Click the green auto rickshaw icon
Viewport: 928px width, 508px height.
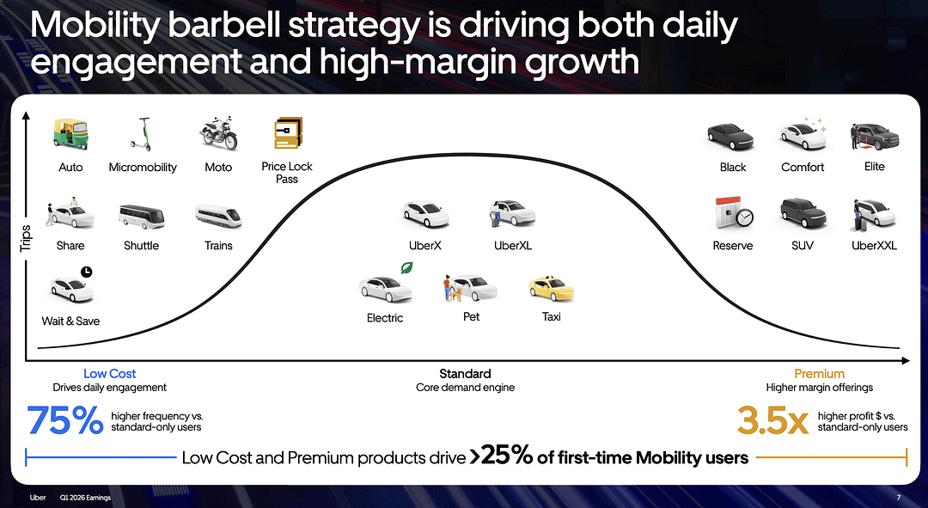coord(70,134)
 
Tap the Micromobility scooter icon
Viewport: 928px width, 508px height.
coord(141,134)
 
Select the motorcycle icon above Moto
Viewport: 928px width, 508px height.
coord(218,133)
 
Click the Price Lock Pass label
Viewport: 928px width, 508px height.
coord(287,173)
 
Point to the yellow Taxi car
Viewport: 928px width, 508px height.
coord(551,289)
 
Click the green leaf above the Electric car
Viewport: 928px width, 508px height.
coord(406,267)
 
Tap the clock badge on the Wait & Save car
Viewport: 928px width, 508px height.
coord(87,272)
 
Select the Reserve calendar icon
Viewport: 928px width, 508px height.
coord(734,213)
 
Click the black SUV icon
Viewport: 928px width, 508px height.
coord(803,213)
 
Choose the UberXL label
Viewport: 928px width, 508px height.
coord(513,246)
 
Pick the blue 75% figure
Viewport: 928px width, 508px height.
coord(65,420)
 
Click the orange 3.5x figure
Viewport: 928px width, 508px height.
coord(773,420)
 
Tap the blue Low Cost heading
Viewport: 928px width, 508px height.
coord(109,374)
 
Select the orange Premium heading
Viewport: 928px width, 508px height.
coord(819,374)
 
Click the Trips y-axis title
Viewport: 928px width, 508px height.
coord(26,238)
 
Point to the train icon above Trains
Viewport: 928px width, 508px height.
coord(218,217)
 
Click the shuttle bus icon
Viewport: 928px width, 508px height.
coord(142,217)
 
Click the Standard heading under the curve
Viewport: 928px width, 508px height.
coord(465,374)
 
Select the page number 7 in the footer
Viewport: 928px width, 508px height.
coord(899,498)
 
